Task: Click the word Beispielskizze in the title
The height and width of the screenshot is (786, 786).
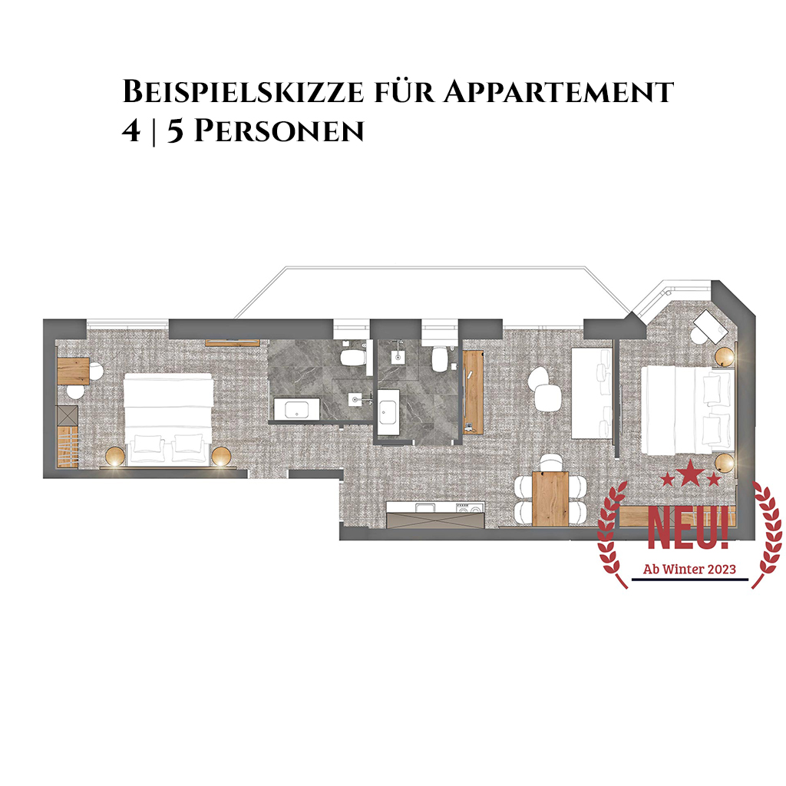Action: pyautogui.click(x=243, y=91)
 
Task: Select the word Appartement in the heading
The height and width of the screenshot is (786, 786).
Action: pyautogui.click(x=559, y=91)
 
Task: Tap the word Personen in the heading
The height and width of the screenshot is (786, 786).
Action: pyautogui.click(x=279, y=131)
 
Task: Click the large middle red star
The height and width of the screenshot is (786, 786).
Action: pyautogui.click(x=690, y=474)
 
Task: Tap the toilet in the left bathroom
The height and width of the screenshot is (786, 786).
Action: pyautogui.click(x=352, y=356)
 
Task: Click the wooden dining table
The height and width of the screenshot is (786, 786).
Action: pyautogui.click(x=550, y=498)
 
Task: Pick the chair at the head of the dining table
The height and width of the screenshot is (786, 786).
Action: pyautogui.click(x=551, y=461)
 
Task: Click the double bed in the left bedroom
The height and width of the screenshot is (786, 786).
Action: pyautogui.click(x=168, y=418)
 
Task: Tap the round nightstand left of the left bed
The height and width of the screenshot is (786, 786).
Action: pyautogui.click(x=115, y=457)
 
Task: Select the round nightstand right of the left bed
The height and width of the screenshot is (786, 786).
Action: pyautogui.click(x=221, y=457)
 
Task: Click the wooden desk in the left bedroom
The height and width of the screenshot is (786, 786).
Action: pyautogui.click(x=73, y=371)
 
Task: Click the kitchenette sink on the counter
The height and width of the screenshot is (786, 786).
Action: pyautogui.click(x=424, y=508)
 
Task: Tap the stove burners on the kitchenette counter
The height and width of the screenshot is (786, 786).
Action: pyautogui.click(x=469, y=508)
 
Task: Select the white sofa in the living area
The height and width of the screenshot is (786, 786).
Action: pyautogui.click(x=592, y=394)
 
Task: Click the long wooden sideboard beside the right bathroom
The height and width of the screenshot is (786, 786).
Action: pyautogui.click(x=473, y=392)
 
